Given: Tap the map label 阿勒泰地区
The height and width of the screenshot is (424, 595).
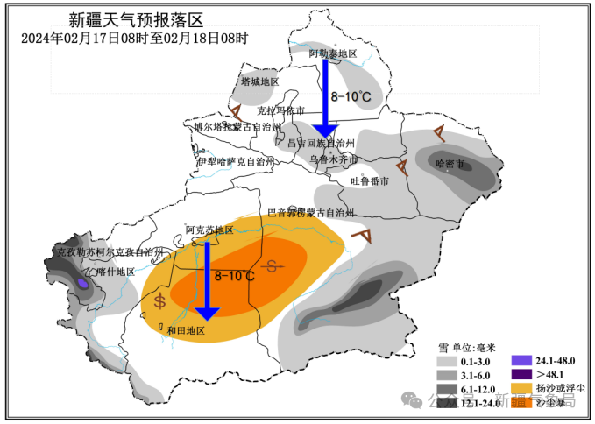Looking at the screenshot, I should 334,54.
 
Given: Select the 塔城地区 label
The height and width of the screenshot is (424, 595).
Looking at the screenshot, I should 259,81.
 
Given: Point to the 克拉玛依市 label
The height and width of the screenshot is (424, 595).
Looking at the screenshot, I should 281,111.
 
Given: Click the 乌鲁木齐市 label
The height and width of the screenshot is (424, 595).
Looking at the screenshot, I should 334,160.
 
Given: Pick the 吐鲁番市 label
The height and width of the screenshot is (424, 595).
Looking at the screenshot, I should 369,181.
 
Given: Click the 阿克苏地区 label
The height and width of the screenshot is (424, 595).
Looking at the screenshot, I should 209,230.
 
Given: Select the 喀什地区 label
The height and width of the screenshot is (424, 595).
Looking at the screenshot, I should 115,272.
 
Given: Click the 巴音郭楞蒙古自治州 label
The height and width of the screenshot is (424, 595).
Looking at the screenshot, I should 310,213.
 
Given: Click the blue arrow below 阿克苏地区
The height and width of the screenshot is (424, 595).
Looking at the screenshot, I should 208,280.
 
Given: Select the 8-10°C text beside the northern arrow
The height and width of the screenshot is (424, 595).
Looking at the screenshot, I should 351,96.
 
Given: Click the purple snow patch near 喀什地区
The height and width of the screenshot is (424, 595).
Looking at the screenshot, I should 82,283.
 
